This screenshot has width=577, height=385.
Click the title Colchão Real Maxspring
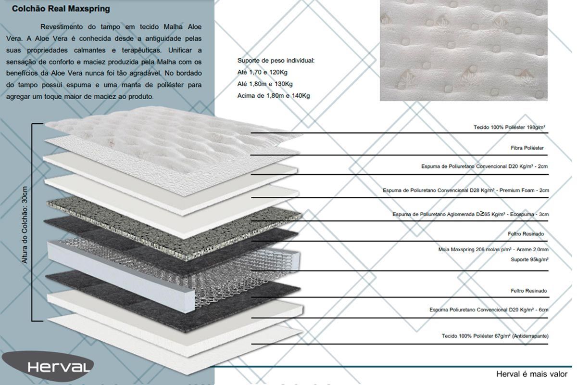[61, 9]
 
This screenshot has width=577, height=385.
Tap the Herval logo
[48, 366]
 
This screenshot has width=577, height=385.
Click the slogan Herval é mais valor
[532, 374]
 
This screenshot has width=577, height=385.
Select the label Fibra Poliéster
[527, 148]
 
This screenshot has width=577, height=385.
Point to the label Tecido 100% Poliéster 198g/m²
[509, 127]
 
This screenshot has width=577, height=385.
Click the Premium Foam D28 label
[466, 190]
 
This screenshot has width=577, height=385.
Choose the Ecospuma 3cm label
[470, 214]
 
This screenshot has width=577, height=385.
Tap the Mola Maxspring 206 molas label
[493, 250]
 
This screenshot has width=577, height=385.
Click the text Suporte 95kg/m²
[529, 259]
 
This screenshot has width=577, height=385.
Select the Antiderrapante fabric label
[495, 336]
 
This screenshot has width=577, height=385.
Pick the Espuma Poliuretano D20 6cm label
[489, 310]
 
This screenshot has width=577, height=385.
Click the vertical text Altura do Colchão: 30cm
[25, 225]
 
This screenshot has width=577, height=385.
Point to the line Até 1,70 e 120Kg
[262, 73]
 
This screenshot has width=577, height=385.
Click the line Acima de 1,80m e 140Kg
[274, 96]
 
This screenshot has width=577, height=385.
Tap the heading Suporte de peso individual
[276, 61]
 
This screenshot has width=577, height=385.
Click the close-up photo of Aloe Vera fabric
[464, 50]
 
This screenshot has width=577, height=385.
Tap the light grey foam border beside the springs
[121, 276]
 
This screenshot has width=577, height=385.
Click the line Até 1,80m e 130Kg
[265, 84]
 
